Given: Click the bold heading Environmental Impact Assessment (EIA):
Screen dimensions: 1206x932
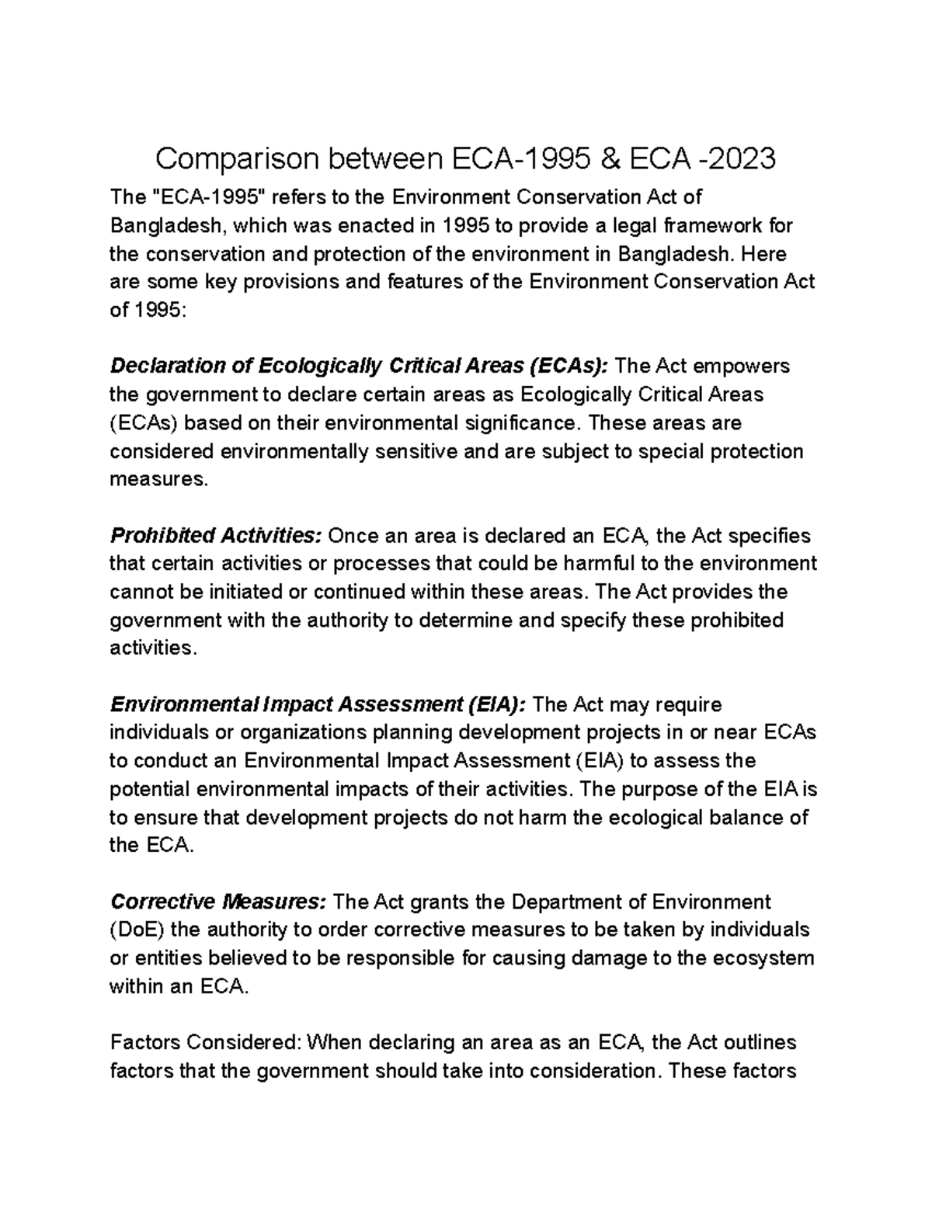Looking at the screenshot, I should (318, 704).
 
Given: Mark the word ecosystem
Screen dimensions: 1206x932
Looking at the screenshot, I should (760, 958).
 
